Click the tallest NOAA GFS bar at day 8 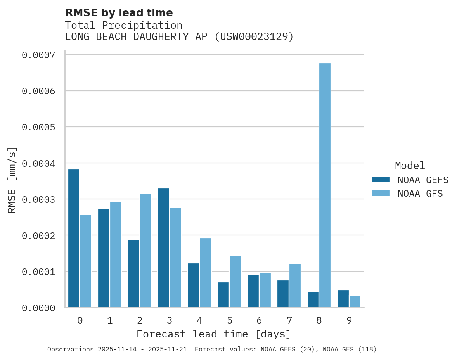coord(325,185)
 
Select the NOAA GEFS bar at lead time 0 coord(74,238)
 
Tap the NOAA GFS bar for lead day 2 coord(145,250)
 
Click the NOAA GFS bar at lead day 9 coord(355,302)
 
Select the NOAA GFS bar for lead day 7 coord(295,286)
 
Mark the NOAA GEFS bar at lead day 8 coord(313,299)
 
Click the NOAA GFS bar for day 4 coord(205,272)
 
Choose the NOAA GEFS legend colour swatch coord(380,180)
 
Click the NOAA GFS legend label coord(420,194)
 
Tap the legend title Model coord(410,166)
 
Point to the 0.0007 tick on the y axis coord(38,55)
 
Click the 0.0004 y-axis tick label coord(38,163)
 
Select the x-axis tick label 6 coord(259,320)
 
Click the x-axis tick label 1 coord(110,320)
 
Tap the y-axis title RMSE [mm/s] coord(12,180)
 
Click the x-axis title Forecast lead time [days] coord(214,334)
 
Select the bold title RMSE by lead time coord(119,13)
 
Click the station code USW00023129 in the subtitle coord(254,37)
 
